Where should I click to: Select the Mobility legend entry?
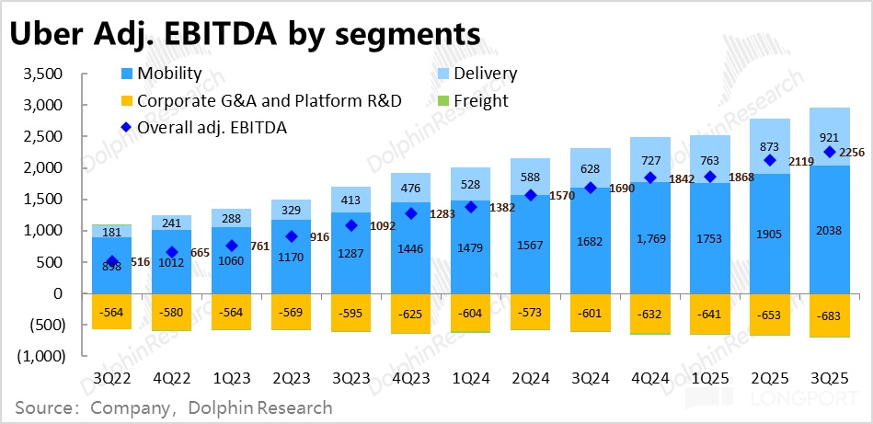[x=170, y=74]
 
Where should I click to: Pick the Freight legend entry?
[x=477, y=100]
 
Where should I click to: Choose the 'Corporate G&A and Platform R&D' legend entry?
[x=262, y=100]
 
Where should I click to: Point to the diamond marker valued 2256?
[x=830, y=152]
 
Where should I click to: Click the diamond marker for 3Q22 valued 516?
[x=112, y=261]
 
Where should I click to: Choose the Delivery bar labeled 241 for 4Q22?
[x=172, y=222]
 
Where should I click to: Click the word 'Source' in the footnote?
[x=41, y=407]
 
